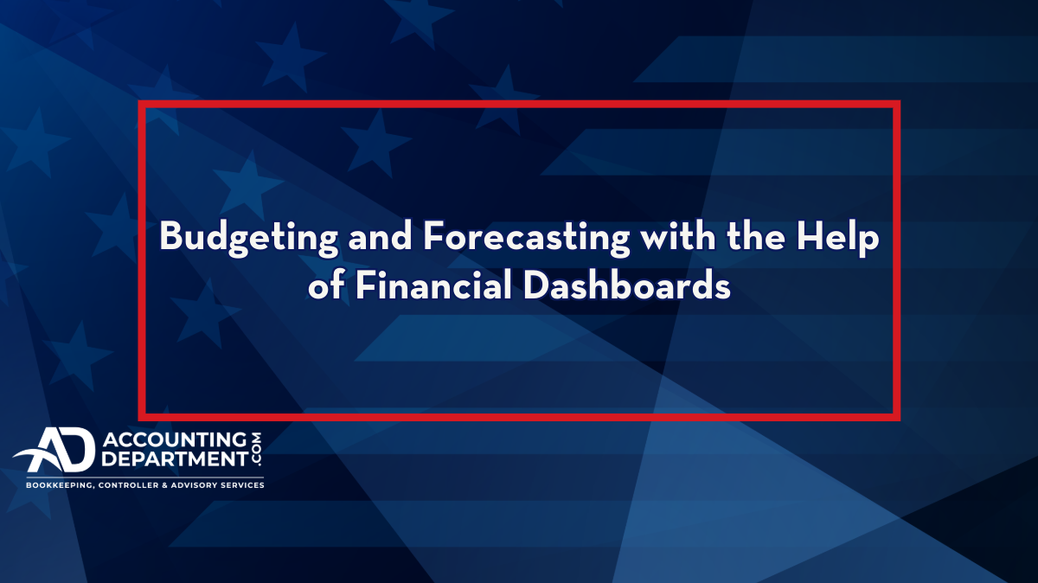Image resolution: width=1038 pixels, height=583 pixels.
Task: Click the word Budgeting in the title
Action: (249, 238)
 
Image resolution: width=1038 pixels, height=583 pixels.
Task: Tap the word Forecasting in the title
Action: (527, 238)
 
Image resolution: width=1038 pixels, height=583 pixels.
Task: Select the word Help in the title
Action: (837, 238)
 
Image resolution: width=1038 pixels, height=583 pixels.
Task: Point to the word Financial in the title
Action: (433, 285)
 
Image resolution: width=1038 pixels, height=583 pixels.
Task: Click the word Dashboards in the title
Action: (627, 285)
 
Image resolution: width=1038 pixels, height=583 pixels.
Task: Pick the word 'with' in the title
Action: (678, 235)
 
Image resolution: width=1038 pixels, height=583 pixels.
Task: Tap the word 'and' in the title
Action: (380, 235)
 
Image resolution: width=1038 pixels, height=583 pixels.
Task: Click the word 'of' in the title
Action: (326, 285)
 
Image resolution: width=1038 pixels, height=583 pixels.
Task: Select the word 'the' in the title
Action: (756, 235)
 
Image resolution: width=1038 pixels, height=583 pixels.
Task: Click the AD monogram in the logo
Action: (54, 450)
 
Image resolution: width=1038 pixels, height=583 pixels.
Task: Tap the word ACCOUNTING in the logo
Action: (175, 439)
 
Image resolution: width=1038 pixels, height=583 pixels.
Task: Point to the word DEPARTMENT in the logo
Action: (175, 458)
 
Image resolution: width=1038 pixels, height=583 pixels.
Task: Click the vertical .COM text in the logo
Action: (256, 449)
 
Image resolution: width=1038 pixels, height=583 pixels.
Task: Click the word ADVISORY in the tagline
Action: (193, 485)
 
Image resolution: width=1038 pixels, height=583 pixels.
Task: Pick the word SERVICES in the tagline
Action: (242, 485)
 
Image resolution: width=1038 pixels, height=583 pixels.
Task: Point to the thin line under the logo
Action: (145, 477)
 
